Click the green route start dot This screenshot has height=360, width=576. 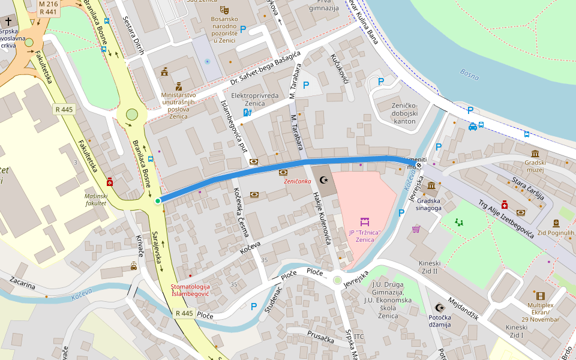point(158,201)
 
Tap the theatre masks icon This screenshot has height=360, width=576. point(224,10)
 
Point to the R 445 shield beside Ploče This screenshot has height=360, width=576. point(184,314)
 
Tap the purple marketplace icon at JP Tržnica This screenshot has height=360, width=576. point(364,222)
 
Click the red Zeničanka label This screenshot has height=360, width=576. point(297,181)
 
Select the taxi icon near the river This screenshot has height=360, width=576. point(473,127)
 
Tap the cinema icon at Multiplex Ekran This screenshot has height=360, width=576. point(540,296)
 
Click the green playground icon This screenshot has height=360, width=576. point(459,222)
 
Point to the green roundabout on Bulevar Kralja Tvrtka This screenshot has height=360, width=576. point(132,115)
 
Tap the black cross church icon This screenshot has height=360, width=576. point(8,20)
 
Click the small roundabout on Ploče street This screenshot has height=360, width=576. point(337,280)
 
